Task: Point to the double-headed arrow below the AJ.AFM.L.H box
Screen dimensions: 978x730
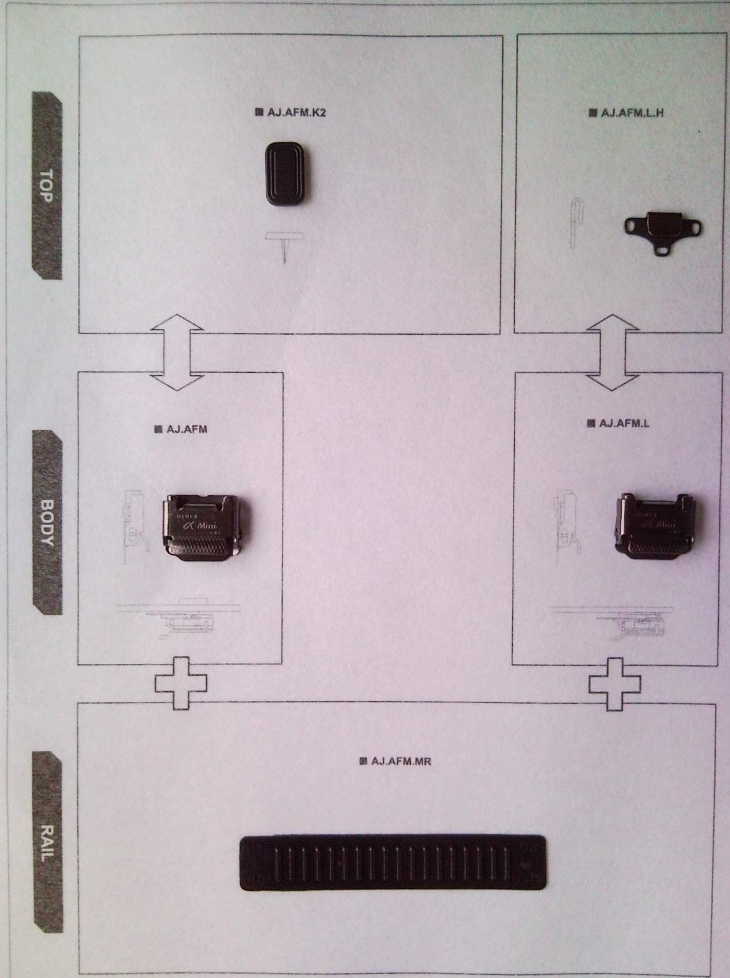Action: click(614, 352)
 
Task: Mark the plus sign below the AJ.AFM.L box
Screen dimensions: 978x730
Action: click(615, 684)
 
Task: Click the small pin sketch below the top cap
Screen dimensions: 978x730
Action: click(284, 245)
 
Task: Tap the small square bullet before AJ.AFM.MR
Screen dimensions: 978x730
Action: click(363, 760)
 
